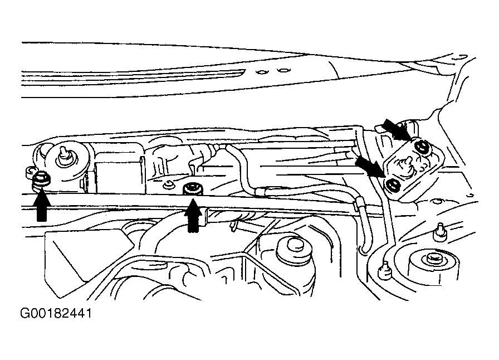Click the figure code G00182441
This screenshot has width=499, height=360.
tap(56, 314)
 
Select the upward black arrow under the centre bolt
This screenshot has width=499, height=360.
tap(193, 215)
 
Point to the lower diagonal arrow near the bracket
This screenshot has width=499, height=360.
tap(370, 166)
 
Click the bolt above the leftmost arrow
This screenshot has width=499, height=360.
tap(41, 180)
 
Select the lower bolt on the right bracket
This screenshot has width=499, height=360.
tap(394, 186)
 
